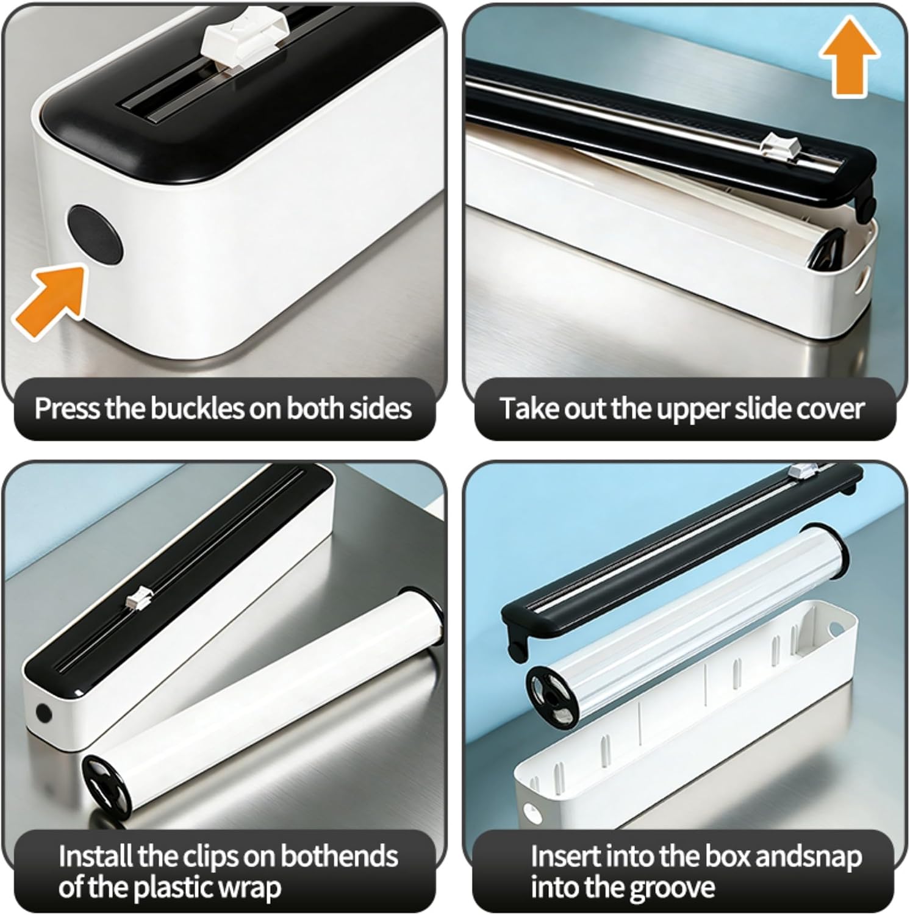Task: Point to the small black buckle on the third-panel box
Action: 43,712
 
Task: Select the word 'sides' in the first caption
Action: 381,408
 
